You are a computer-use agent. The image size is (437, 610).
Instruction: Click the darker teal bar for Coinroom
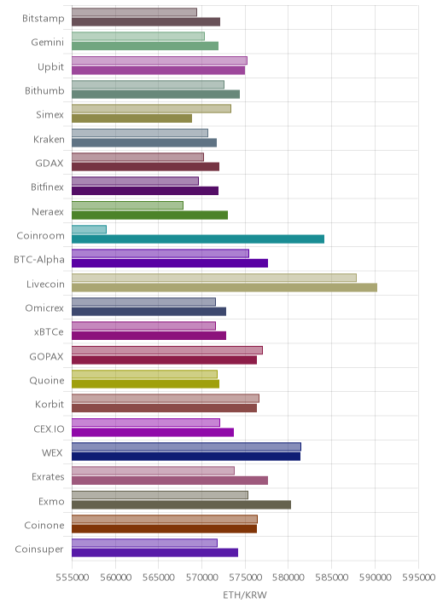pos(198,239)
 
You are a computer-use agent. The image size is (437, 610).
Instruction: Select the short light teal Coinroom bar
pos(90,229)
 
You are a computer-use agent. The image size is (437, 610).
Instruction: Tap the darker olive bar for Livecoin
pos(224,287)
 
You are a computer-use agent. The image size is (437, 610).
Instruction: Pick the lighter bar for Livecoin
pos(214,278)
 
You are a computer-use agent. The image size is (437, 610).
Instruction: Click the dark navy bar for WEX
pos(186,457)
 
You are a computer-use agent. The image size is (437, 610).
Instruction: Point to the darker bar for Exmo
pos(182,504)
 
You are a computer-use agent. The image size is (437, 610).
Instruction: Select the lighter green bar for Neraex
pos(128,205)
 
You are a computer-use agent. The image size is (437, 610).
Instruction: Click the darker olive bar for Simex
pos(132,118)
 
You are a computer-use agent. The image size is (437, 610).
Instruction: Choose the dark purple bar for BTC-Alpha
pos(170,263)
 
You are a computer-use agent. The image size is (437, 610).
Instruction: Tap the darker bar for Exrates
pos(170,481)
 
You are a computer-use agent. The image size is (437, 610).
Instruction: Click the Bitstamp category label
pos(44,18)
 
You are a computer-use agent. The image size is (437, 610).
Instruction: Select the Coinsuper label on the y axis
pos(39,550)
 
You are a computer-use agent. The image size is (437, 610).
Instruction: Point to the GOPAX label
pos(46,356)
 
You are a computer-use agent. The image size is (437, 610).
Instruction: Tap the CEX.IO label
pos(50,429)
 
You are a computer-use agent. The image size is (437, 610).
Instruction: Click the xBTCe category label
pos(49,332)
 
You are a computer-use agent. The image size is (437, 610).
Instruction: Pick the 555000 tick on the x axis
pos(72,577)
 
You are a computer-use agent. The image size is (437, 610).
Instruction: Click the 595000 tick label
pos(418,577)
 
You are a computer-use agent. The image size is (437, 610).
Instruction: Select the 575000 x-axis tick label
pos(245,577)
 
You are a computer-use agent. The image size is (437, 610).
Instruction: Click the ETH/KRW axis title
pos(245,595)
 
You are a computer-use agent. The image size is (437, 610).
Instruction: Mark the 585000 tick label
pos(332,577)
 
